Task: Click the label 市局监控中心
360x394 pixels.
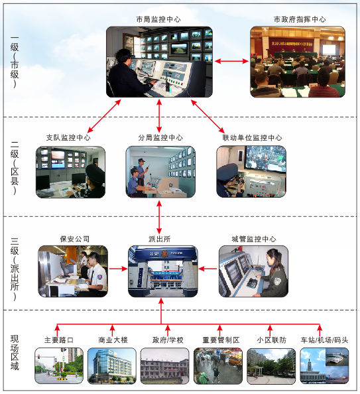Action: tap(158, 19)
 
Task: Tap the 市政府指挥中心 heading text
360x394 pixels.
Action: tap(300, 19)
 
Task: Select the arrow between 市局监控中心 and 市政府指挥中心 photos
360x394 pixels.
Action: tap(231, 61)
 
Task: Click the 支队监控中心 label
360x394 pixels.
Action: tap(68, 137)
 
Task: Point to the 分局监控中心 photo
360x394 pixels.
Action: tap(160, 172)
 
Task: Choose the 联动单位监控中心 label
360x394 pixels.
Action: tap(252, 137)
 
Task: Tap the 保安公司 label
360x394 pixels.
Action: tap(75, 239)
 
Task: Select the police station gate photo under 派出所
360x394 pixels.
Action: tap(163, 271)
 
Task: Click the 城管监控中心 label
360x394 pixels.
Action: tap(254, 239)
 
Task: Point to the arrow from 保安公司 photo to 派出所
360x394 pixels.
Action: tap(118, 269)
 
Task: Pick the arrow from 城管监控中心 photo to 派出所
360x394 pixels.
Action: tap(208, 269)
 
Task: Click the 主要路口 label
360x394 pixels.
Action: tap(59, 340)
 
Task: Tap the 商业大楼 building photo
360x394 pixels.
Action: tap(112, 366)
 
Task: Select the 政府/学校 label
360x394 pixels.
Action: tap(168, 340)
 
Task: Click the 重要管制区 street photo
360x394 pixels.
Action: tap(218, 366)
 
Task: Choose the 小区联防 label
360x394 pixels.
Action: tap(271, 340)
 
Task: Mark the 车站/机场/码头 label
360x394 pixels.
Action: tap(324, 340)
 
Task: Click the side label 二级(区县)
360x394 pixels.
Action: tap(15, 168)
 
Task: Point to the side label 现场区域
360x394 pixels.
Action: tap(15, 352)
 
